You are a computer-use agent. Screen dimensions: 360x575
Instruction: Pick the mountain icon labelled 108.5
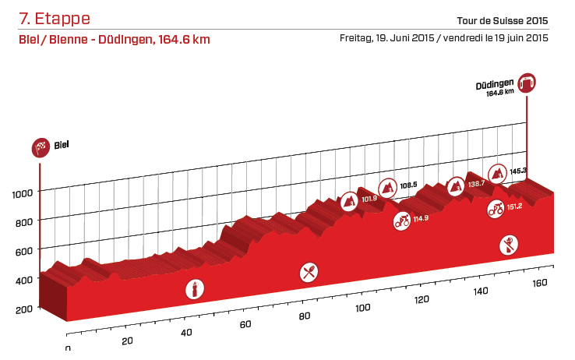pos(387,187)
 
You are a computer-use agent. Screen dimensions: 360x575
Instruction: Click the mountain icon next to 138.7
pos(456,185)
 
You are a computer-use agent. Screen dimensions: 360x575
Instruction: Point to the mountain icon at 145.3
pos(496,172)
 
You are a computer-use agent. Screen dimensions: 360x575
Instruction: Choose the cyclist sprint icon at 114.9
pos(402,220)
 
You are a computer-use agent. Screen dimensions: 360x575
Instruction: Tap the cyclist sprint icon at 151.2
pos(495,208)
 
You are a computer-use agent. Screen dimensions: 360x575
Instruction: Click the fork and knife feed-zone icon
pos(310,272)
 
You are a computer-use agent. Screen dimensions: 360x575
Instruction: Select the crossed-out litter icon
pos(508,245)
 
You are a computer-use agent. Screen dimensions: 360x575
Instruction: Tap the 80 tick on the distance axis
pos(305,316)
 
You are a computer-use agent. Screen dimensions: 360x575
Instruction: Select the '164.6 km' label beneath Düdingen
pos(500,92)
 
